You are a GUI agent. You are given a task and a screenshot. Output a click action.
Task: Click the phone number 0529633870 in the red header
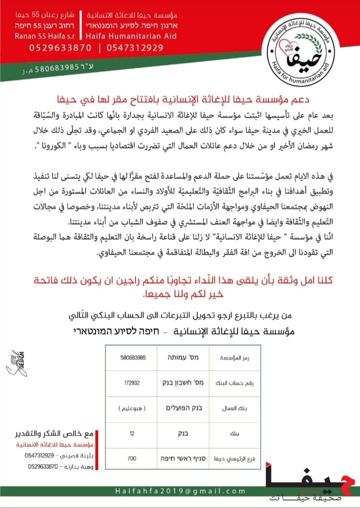pos(47,48)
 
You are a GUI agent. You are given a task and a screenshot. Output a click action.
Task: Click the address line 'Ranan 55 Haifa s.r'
pos(44,36)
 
